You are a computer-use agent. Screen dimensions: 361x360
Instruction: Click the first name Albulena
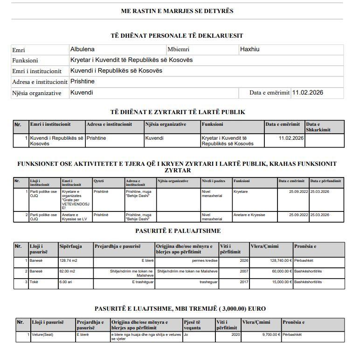coord(82,49)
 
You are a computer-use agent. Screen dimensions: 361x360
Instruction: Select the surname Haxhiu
coord(249,49)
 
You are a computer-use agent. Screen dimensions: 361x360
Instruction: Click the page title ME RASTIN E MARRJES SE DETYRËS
coord(177,11)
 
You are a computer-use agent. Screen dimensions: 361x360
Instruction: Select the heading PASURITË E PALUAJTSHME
coord(178,231)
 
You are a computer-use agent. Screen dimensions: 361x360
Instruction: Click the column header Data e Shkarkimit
coord(324,127)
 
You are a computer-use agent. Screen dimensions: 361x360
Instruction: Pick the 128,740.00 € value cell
coord(277,261)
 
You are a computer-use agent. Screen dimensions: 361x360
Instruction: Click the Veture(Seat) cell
coord(43,334)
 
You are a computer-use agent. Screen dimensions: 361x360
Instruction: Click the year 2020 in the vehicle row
coord(235,334)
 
